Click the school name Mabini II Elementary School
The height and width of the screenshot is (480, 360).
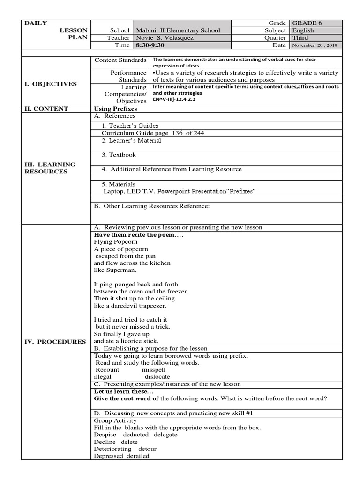pos(177,30)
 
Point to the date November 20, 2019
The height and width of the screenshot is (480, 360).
pos(315,45)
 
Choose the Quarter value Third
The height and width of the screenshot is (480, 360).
pos(301,38)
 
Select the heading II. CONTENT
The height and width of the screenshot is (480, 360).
pos(46,109)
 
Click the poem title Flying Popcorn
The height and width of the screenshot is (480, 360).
pos(116,242)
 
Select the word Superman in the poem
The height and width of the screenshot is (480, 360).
pos(121,270)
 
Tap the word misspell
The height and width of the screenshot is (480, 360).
pos(154,369)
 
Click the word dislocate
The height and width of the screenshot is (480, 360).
pos(157,376)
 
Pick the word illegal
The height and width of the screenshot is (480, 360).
pos(103,376)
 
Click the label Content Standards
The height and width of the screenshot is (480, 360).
pos(120,60)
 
